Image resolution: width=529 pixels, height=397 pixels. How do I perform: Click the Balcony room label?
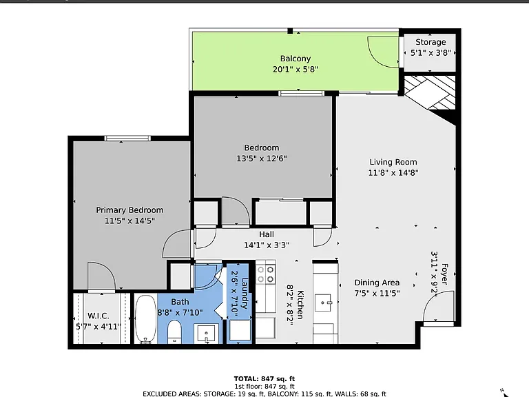coord(295,59)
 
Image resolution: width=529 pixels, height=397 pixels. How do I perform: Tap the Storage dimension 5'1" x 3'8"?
coord(431,53)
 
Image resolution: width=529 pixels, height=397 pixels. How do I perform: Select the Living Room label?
coord(393,162)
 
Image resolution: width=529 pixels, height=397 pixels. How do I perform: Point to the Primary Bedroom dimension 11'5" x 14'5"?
coord(129,221)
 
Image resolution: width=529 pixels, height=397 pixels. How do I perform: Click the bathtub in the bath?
coord(146,319)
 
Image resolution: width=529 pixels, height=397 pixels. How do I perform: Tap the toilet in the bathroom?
coord(174,332)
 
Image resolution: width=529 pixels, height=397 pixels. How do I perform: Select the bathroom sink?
coord(206,334)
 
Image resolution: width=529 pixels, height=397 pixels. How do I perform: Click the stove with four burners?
coord(265,274)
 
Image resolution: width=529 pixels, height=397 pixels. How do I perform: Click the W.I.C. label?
coord(98,316)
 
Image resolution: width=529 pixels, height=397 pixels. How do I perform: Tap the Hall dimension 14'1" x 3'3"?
coord(267,245)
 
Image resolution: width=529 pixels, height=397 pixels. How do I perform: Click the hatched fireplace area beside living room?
coord(430,92)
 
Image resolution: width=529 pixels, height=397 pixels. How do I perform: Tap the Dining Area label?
coord(377,283)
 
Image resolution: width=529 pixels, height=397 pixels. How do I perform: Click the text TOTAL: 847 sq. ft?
coord(264,379)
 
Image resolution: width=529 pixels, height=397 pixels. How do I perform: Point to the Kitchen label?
coord(300,305)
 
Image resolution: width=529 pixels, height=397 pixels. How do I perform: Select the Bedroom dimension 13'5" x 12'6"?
coord(262,159)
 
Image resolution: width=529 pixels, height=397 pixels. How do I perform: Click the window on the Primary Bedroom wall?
coord(127,138)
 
